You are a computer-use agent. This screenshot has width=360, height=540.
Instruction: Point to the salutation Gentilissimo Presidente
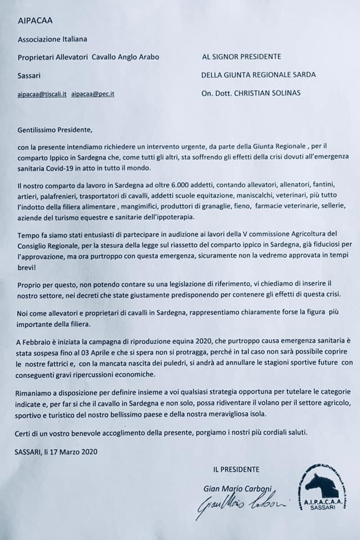[54, 131]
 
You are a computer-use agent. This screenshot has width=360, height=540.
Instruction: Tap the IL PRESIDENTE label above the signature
[236, 468]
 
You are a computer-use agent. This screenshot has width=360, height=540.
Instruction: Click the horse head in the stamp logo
[320, 482]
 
